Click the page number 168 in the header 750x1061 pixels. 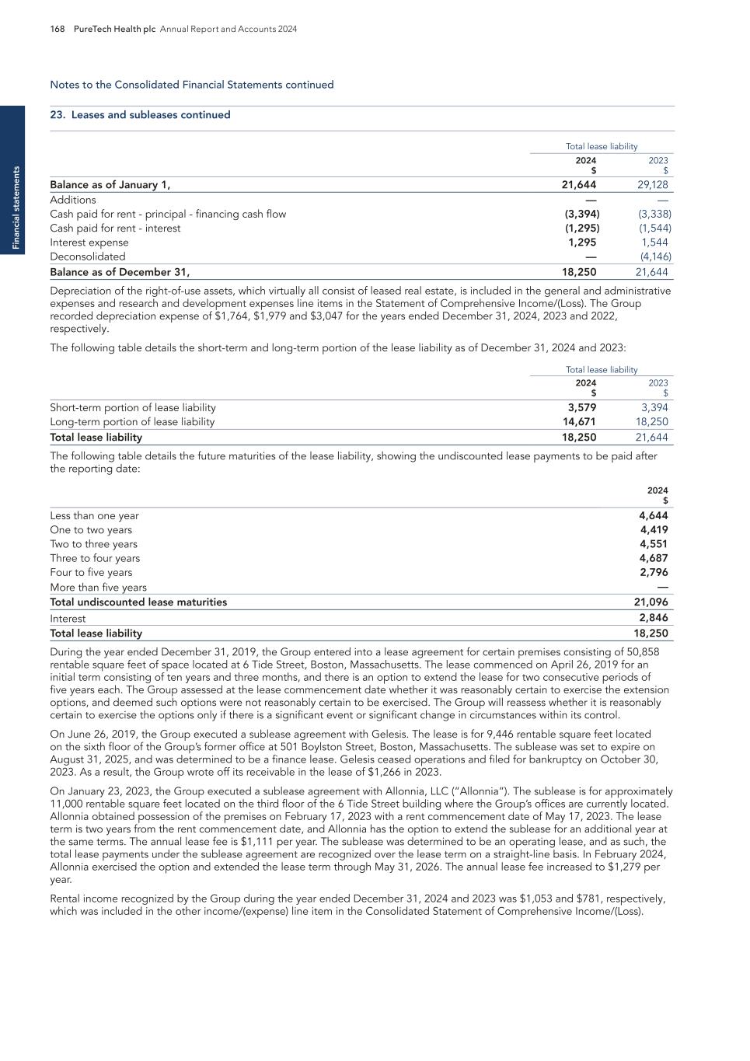[58, 29]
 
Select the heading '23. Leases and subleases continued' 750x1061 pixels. [140, 115]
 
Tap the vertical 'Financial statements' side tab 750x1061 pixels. [12, 208]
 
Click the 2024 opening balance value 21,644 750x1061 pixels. [579, 185]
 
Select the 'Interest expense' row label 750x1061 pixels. [89, 243]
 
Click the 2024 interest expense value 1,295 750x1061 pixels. [582, 243]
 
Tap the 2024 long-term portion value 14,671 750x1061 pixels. [579, 422]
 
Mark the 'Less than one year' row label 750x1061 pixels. [94, 516]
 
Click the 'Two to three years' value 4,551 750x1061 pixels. [653, 544]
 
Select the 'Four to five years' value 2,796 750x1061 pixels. [653, 573]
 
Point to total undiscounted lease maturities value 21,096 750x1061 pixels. [651, 602]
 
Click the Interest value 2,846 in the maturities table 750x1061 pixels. [653, 619]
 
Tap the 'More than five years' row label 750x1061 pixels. [98, 588]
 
